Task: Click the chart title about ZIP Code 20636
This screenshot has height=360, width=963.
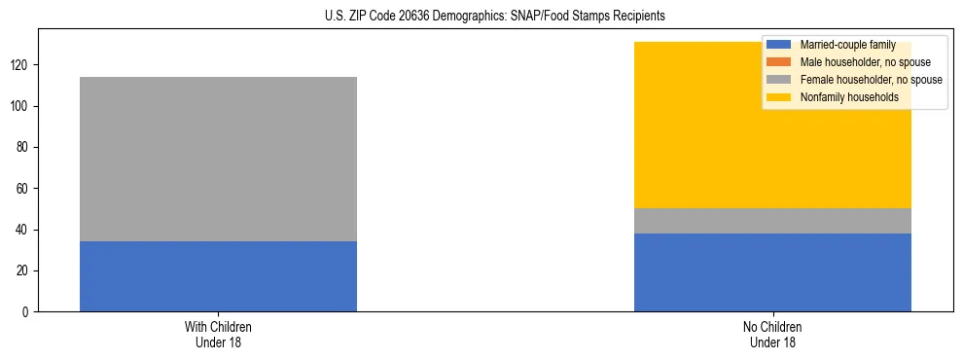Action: pos(481,17)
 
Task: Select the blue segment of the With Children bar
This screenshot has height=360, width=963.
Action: pos(218,276)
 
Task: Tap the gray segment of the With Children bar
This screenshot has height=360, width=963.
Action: pos(218,159)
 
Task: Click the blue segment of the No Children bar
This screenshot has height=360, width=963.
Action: pos(772,271)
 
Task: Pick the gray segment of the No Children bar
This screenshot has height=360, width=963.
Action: pos(772,221)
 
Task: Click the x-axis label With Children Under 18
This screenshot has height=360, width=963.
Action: pos(218,334)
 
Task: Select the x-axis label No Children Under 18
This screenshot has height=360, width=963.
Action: pos(772,334)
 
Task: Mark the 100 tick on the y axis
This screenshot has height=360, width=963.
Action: pos(22,106)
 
